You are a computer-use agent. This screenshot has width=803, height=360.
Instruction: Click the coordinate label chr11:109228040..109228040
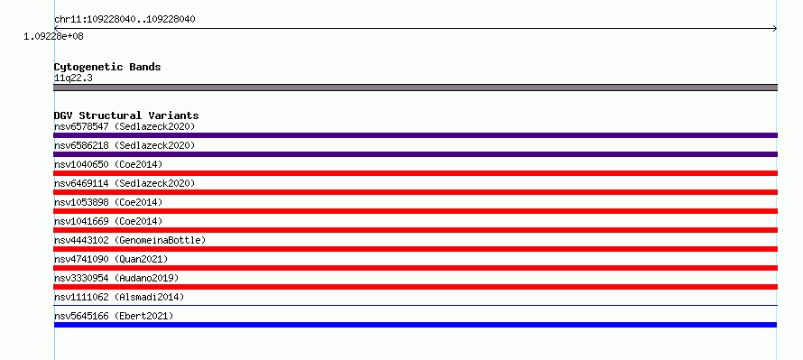(x=125, y=20)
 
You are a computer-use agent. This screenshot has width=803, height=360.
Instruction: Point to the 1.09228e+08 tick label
(x=54, y=37)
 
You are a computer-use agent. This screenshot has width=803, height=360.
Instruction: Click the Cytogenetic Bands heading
(x=107, y=67)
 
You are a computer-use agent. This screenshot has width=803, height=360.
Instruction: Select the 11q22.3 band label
(x=73, y=78)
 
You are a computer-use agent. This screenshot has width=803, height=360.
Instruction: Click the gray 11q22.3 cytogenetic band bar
(x=415, y=88)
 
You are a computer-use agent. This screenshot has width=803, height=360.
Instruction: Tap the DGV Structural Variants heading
(x=126, y=115)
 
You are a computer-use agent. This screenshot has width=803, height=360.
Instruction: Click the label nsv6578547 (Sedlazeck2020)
(x=125, y=126)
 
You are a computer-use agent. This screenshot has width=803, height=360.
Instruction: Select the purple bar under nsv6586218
(x=415, y=154)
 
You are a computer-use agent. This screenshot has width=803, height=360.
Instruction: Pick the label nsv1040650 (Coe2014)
(x=108, y=164)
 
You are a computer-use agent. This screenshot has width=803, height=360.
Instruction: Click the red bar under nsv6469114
(x=415, y=192)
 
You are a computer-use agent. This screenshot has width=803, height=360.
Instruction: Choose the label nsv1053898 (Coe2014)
(x=108, y=202)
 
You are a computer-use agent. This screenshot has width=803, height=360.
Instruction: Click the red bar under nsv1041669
(x=415, y=230)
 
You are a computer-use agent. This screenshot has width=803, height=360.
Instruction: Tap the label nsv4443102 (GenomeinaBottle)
(x=130, y=240)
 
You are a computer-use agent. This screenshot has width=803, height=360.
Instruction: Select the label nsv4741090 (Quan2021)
(x=111, y=259)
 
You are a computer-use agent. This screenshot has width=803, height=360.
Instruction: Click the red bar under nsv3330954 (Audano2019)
(x=415, y=287)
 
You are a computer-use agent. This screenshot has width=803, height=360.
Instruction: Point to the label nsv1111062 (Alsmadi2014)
(x=119, y=297)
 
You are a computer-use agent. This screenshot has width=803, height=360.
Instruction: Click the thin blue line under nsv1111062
(x=415, y=306)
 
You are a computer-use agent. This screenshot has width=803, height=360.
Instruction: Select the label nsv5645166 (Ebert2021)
(x=114, y=316)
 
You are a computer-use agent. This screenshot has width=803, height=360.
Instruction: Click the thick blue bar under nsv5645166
(x=415, y=325)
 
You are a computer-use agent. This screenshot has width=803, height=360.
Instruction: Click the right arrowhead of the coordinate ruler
(x=775, y=29)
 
